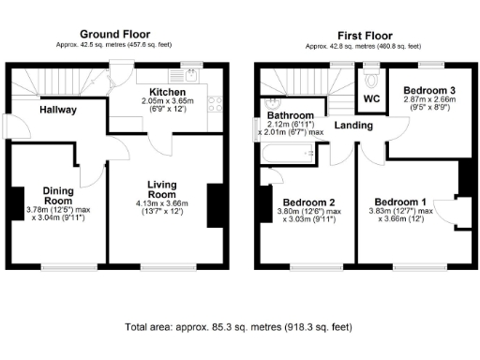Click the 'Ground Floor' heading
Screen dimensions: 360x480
(x=117, y=34)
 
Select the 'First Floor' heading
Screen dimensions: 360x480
(x=363, y=34)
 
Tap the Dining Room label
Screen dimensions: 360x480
(x=58, y=195)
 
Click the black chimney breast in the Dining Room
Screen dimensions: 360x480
(x=18, y=202)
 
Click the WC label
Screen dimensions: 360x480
(x=371, y=97)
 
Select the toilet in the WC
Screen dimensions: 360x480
(x=371, y=75)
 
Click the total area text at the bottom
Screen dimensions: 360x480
(x=238, y=327)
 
